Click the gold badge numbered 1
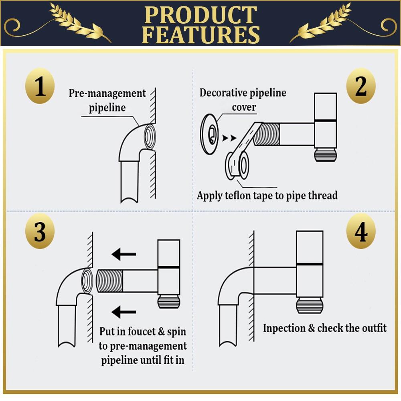40,86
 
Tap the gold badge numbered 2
361,86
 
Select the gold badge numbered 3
40,231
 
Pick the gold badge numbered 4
361,231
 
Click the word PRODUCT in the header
200,15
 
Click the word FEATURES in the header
201,34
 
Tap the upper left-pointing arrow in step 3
124,254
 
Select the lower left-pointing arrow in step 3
124,312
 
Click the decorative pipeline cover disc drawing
209,134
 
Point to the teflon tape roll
237,166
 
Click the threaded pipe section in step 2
267,134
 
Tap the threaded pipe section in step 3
110,281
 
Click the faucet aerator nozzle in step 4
310,305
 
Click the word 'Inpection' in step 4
284,328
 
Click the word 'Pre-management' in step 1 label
107,93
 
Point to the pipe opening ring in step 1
150,136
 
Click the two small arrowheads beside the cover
229,138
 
